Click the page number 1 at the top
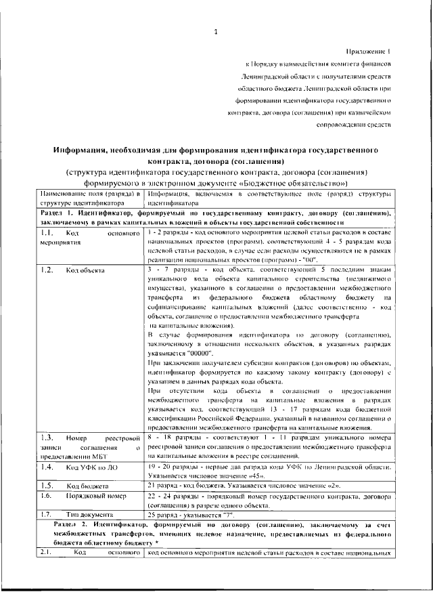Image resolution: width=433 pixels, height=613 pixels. (215, 31)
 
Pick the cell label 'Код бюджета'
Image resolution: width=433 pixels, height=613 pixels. (87, 486)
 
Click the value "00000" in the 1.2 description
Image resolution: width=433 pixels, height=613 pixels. (201, 354)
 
